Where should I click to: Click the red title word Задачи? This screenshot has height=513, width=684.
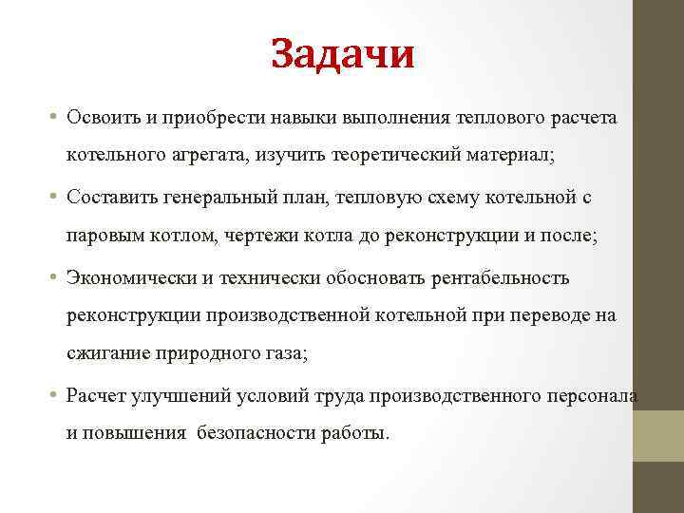342,54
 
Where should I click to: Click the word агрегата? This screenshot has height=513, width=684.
211,154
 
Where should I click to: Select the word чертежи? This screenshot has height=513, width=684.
260,235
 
